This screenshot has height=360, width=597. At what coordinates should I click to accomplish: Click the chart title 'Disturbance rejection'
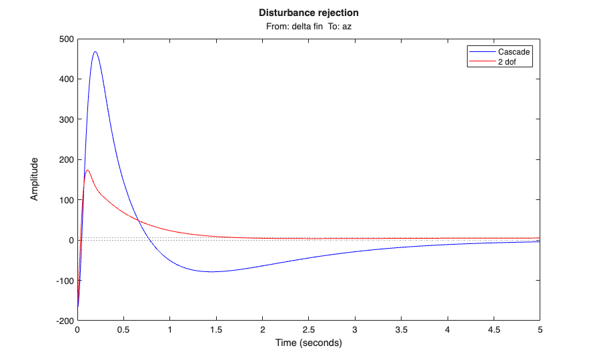coord(308,13)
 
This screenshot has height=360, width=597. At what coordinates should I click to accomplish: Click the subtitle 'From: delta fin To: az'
coord(308,26)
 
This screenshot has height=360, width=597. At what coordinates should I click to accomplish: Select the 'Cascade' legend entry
coord(514,51)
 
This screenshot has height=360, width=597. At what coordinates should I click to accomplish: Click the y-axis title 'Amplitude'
coord(34,179)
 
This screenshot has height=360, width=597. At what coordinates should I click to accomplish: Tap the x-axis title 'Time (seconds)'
coord(308,343)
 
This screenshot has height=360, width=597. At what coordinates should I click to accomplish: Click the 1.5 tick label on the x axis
coord(216,330)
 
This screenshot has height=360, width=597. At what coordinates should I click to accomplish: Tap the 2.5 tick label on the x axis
coord(309,330)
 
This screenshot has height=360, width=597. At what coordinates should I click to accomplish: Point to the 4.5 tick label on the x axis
coord(494,330)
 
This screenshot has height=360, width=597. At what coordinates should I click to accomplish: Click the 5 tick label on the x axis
coord(540,330)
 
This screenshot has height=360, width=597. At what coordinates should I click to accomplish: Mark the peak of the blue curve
coord(95,51)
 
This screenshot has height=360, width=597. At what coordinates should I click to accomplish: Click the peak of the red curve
coord(87,170)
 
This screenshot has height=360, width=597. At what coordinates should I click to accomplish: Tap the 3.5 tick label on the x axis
coord(402,330)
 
